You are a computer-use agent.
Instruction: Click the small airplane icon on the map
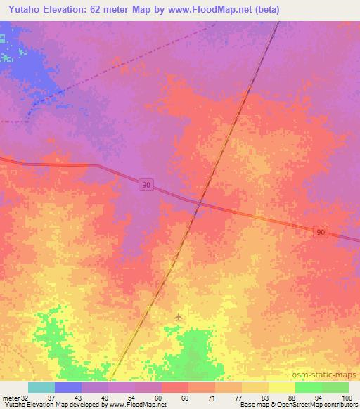[178, 317]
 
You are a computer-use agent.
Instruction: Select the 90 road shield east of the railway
[321, 233]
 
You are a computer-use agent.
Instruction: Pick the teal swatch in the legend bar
[41, 387]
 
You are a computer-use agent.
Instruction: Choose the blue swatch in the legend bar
[68, 387]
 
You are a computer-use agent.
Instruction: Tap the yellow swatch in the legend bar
[281, 387]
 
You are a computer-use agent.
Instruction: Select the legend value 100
[345, 397]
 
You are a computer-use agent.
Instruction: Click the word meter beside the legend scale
[10, 397]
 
